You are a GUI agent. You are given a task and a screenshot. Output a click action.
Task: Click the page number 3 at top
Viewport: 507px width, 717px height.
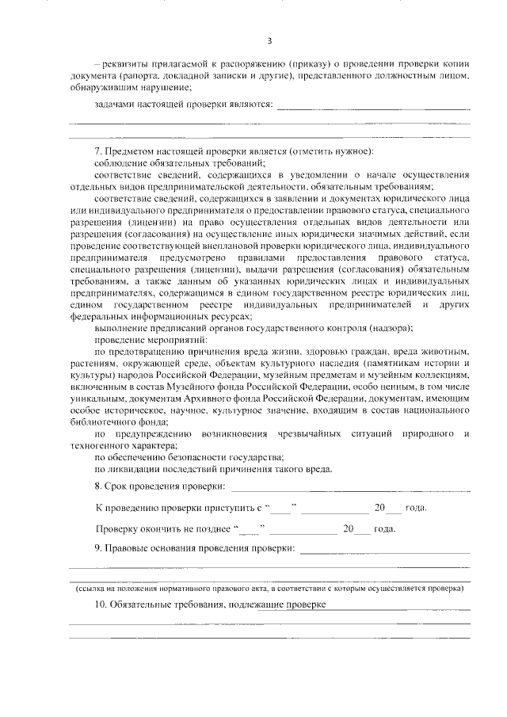[x=269, y=41]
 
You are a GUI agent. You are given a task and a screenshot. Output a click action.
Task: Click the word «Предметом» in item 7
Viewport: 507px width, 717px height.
[x=127, y=151]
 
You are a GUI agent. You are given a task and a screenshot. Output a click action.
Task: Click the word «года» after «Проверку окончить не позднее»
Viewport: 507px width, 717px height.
[x=385, y=528]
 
